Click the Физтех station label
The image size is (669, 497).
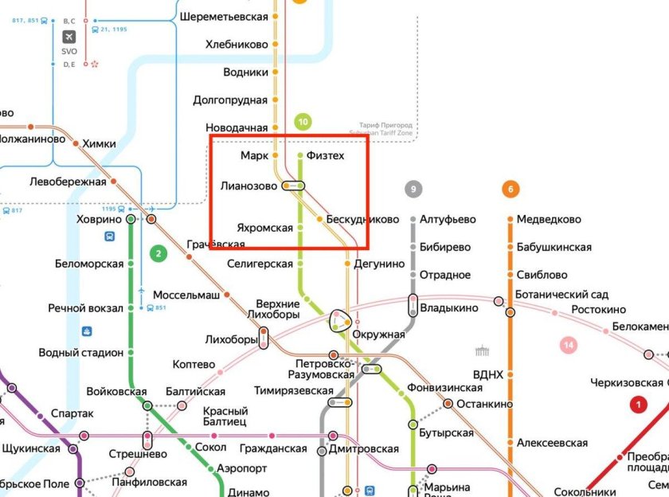click(x=326, y=155)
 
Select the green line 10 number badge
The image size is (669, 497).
click(x=303, y=122)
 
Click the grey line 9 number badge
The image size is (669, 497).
click(x=413, y=190)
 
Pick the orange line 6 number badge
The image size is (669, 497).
click(x=511, y=190)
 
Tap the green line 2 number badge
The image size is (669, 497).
click(x=158, y=254)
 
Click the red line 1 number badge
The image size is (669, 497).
click(x=638, y=405)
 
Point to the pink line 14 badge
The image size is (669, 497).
click(x=569, y=345)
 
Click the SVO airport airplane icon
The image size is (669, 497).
click(x=69, y=37)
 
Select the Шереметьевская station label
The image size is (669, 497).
click(x=224, y=16)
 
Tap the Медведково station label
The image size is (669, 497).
click(x=549, y=219)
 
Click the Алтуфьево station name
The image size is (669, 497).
click(x=448, y=219)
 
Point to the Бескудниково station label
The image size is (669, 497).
click(x=362, y=219)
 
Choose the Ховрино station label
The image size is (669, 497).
click(x=99, y=219)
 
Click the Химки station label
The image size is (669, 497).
click(x=98, y=144)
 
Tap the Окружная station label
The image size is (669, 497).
click(x=378, y=335)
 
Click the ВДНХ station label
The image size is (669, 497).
click(x=487, y=374)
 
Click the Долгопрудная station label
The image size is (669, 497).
click(x=230, y=100)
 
